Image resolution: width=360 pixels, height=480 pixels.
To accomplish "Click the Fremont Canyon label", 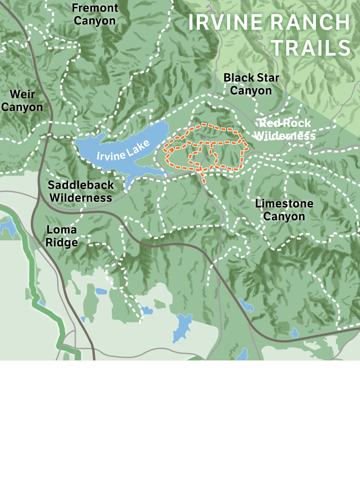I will tap(95, 14).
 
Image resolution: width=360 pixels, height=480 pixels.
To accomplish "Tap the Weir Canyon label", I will tap(22, 100).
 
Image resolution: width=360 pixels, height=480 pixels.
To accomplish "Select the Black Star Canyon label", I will tap(251, 84).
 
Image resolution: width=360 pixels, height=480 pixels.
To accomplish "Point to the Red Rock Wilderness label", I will tap(285, 129).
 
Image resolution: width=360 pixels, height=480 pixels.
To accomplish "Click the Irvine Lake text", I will tap(123, 151).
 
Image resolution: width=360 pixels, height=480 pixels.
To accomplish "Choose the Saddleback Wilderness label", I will tap(81, 191).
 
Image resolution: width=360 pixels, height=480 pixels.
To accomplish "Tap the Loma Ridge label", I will tap(62, 236).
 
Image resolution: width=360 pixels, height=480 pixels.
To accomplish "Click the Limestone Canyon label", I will tap(284, 210).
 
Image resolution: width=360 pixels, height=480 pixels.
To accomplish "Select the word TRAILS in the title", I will tap(311, 48).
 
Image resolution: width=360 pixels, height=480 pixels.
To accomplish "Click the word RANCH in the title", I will tap(312, 22).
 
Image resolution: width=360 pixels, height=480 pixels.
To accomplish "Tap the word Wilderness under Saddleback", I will tap(81, 198).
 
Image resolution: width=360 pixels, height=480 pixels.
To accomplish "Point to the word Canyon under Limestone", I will tap(284, 216).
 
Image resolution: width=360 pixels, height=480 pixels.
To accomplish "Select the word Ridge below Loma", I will tap(62, 242).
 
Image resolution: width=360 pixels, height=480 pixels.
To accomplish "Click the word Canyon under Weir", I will tap(22, 107).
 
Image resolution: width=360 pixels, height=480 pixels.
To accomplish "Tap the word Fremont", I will tap(95, 8).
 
